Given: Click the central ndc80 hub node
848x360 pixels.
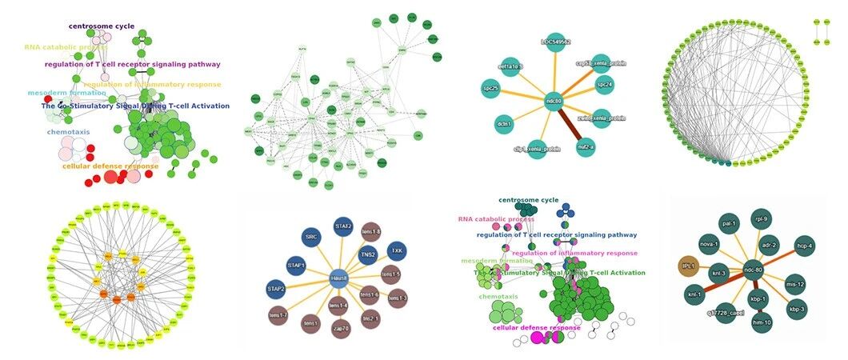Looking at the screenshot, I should (554, 102).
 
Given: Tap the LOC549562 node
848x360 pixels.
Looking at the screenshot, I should (555, 42).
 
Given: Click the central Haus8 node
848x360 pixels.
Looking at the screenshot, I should (338, 278).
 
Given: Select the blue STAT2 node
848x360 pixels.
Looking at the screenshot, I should (343, 227).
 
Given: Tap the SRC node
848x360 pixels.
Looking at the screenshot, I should (312, 238).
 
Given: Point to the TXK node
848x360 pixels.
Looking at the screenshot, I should (396, 251).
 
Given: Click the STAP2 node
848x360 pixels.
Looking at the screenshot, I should (277, 288).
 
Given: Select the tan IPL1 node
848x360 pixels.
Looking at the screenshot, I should (689, 266).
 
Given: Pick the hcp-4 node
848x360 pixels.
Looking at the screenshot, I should (804, 246).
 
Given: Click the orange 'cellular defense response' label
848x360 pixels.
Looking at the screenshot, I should (110, 166).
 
